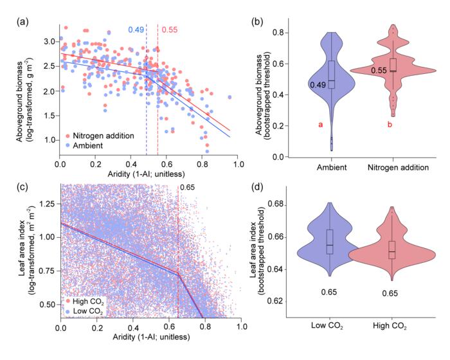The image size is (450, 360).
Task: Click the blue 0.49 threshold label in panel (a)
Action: click(135, 30)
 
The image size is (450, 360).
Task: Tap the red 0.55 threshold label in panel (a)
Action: click(170, 30)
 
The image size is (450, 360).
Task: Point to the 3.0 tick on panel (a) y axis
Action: click(50, 41)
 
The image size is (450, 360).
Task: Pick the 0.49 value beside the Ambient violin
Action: click(318, 85)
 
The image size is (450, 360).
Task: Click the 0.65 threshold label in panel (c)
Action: click(187, 188)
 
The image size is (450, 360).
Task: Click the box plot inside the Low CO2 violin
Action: click(330, 241)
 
